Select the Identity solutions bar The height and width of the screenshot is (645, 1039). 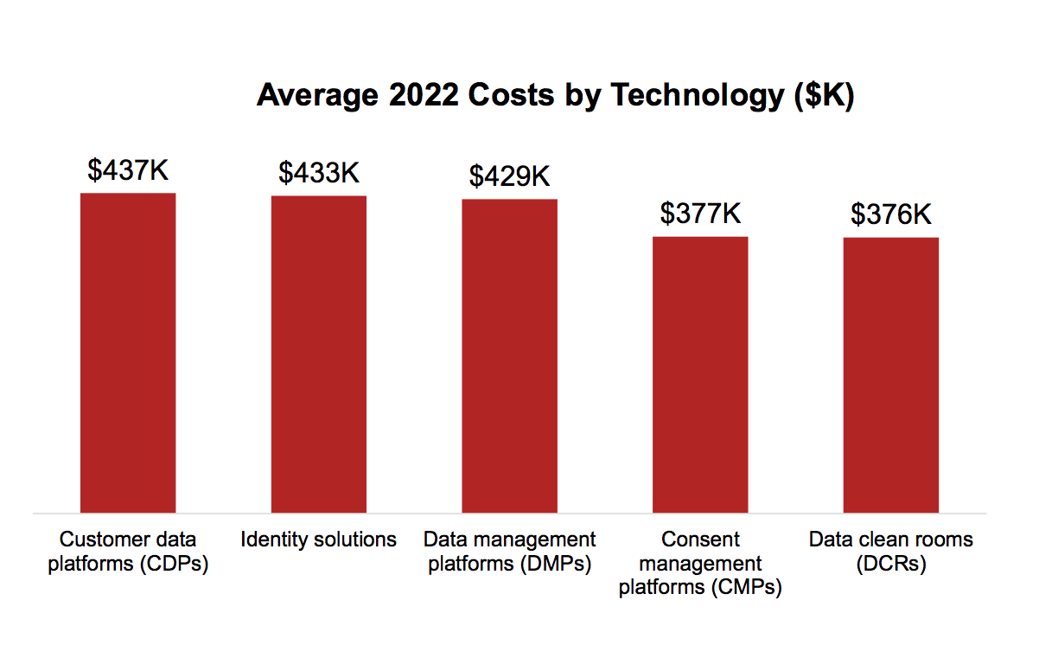pyautogui.click(x=319, y=354)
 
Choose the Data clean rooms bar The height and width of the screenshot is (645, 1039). pyautogui.click(x=891, y=375)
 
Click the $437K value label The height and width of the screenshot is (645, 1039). pyautogui.click(x=128, y=170)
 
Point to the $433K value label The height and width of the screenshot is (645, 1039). pyautogui.click(x=319, y=173)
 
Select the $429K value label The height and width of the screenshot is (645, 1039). pyautogui.click(x=509, y=176)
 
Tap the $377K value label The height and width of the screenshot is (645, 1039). pyautogui.click(x=700, y=214)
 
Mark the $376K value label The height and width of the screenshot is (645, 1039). pyautogui.click(x=891, y=214)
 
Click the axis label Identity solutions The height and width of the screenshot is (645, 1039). pyautogui.click(x=319, y=540)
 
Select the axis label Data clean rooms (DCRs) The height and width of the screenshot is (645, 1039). pyautogui.click(x=891, y=552)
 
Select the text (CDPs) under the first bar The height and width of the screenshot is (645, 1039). pyautogui.click(x=178, y=564)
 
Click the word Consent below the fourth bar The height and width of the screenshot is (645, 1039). pyautogui.click(x=700, y=540)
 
